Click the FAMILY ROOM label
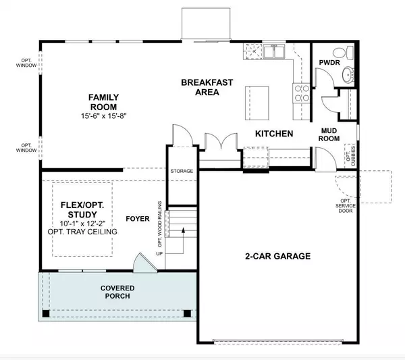point(103,101)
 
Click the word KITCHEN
point(273,134)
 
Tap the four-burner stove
point(300,92)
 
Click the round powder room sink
point(348,75)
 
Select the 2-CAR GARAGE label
point(277,256)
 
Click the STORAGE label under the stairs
point(182,171)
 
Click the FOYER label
point(138,219)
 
